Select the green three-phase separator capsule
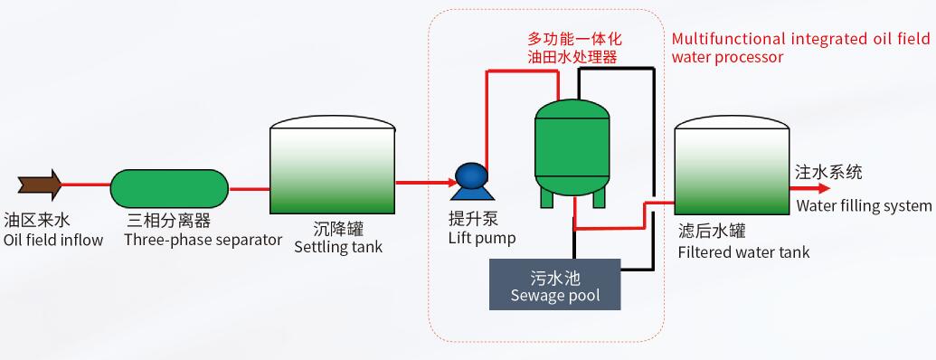pyautogui.click(x=169, y=187)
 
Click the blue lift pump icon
pyautogui.click(x=469, y=179)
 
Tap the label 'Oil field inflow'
pyautogui.click(x=53, y=240)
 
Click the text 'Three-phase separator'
pyautogui.click(x=203, y=240)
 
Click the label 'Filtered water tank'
pyautogui.click(x=743, y=252)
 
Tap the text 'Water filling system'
pyautogui.click(x=864, y=206)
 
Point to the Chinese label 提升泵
pyautogui.click(x=473, y=220)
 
